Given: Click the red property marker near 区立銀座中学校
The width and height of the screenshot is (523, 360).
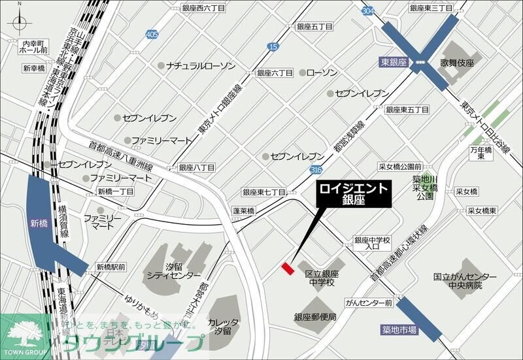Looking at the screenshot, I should pyautogui.click(x=286, y=268).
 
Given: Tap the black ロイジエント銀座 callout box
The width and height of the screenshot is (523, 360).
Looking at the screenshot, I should pyautogui.click(x=354, y=195).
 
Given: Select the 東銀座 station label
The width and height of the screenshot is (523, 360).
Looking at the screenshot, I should pyautogui.click(x=393, y=63).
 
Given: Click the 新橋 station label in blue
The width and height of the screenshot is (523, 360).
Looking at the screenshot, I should pyautogui.click(x=39, y=223).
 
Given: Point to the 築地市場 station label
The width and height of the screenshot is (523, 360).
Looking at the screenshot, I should pyautogui.click(x=399, y=331).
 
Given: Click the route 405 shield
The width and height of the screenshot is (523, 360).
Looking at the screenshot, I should pyautogui.click(x=152, y=34).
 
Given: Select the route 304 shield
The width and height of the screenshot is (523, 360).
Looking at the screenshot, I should pyautogui.click(x=369, y=10).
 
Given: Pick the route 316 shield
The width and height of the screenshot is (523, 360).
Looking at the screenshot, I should pyautogui.click(x=316, y=170).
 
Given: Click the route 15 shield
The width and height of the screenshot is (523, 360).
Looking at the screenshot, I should pyautogui.click(x=273, y=46).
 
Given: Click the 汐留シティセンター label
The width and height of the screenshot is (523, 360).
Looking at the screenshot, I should pyautogui.click(x=174, y=271).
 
